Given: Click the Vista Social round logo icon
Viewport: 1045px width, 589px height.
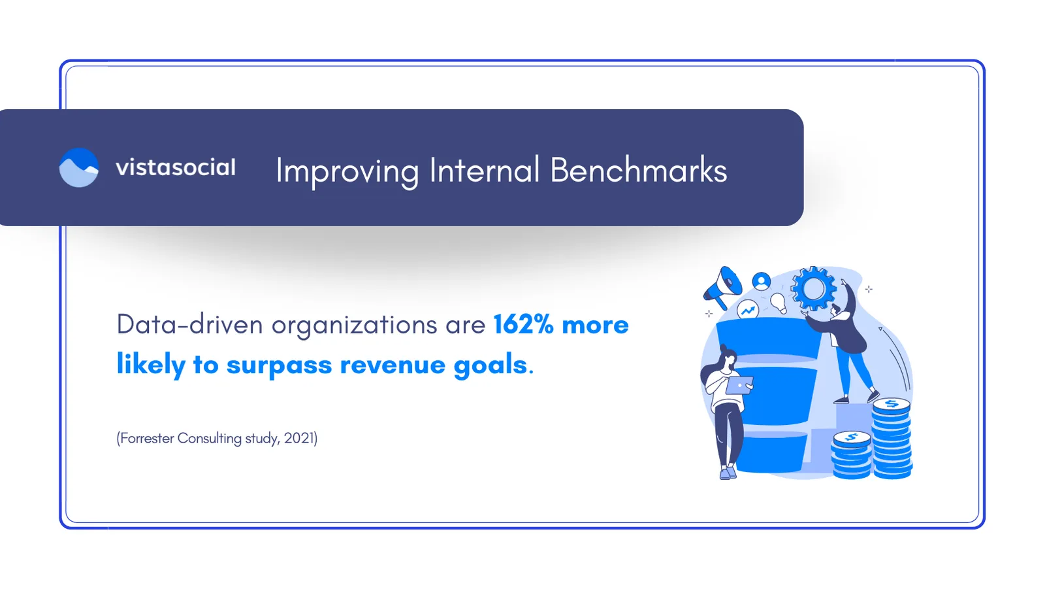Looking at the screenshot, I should click(79, 167).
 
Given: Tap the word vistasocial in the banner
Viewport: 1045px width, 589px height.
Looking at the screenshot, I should click(175, 167).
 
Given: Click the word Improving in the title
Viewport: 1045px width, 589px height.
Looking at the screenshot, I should click(347, 171).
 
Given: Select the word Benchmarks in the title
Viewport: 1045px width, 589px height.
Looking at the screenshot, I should click(638, 170).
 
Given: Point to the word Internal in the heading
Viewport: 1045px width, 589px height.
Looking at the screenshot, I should click(484, 170).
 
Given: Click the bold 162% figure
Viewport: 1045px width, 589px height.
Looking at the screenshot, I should click(523, 324).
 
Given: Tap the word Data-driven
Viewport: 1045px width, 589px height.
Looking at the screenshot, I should click(189, 324).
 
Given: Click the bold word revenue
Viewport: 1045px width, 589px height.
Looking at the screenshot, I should click(392, 365).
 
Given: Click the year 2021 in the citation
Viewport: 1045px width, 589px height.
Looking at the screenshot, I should click(299, 438).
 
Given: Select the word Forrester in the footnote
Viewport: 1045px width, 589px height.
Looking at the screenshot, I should click(147, 438).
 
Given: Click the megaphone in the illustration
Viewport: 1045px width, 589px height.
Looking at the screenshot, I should click(722, 287).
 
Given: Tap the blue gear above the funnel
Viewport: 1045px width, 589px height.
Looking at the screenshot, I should click(813, 288).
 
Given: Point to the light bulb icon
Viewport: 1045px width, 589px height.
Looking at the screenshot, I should click(778, 302).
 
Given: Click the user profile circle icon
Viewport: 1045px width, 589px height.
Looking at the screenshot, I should click(761, 281).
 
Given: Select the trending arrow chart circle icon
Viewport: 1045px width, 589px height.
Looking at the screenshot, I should click(748, 311).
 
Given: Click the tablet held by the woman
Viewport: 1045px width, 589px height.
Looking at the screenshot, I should click(739, 386).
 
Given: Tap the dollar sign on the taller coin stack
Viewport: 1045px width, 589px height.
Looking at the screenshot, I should click(892, 404).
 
